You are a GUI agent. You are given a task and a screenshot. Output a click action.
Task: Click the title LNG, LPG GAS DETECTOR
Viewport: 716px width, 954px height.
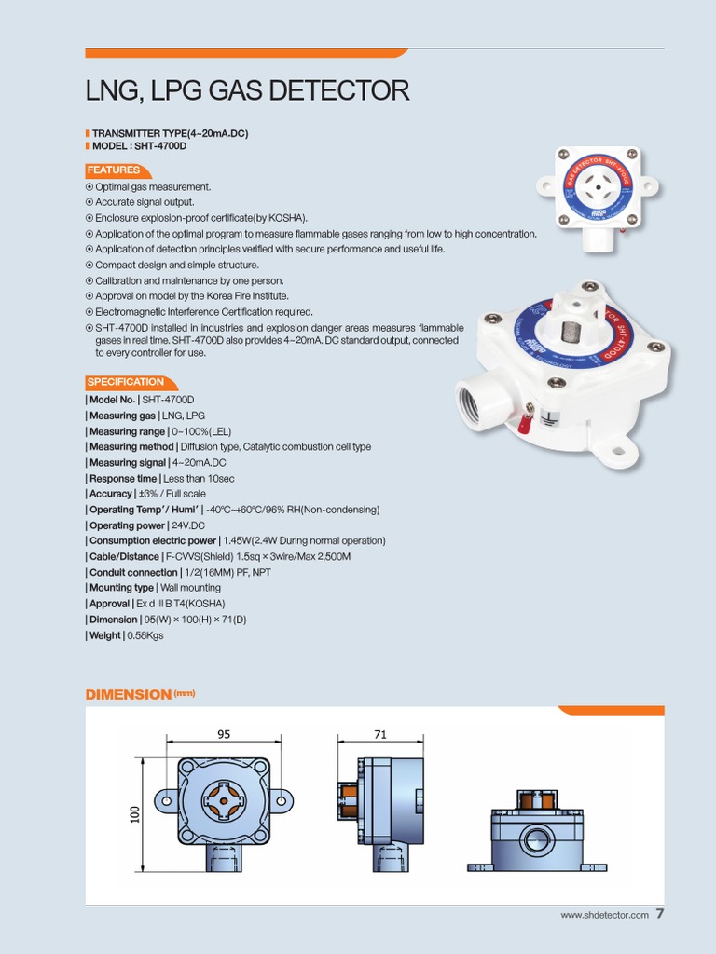click(247, 91)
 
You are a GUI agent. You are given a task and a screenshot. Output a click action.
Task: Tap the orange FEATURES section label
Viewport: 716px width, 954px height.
click(114, 170)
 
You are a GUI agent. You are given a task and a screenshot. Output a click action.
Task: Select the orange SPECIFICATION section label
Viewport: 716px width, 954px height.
click(126, 382)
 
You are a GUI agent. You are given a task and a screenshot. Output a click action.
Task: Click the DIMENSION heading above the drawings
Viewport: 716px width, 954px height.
click(129, 695)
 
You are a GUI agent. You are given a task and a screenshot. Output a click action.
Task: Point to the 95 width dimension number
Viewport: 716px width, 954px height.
click(224, 734)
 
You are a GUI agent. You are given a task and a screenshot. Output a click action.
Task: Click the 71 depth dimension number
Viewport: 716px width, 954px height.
click(379, 734)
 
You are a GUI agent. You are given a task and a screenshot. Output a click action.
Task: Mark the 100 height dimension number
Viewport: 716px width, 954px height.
click(134, 813)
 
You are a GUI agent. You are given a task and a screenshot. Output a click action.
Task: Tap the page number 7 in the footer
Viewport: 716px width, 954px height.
click(660, 914)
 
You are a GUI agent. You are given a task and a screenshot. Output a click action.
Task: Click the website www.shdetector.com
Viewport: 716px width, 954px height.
click(604, 916)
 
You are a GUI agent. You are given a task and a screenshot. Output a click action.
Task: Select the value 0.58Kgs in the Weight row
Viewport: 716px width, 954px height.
click(146, 635)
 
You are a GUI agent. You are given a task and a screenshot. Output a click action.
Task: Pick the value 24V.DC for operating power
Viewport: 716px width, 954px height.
click(187, 525)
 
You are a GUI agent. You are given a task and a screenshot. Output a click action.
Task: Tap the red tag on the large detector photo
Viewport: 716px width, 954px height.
click(525, 424)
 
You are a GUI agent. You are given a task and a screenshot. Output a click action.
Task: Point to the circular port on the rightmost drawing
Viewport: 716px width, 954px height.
click(536, 841)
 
